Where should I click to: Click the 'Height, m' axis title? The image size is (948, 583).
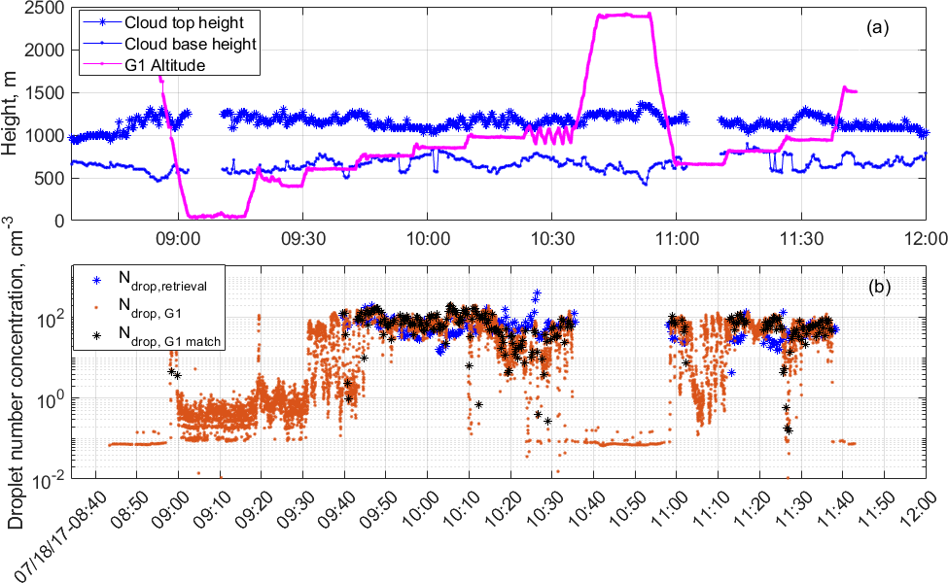click(13, 115)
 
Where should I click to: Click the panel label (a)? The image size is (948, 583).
click(878, 28)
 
